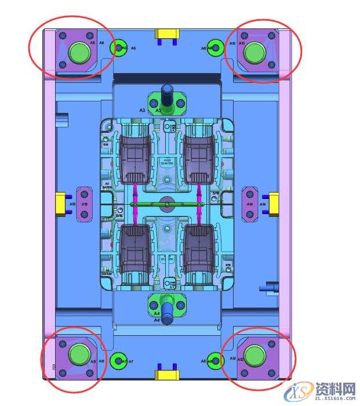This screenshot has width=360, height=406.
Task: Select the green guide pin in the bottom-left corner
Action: point(78,353)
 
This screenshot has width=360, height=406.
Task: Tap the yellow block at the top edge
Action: point(166,35)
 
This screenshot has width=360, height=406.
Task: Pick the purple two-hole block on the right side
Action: point(249,204)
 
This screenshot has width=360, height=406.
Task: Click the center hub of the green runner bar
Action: point(167,204)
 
